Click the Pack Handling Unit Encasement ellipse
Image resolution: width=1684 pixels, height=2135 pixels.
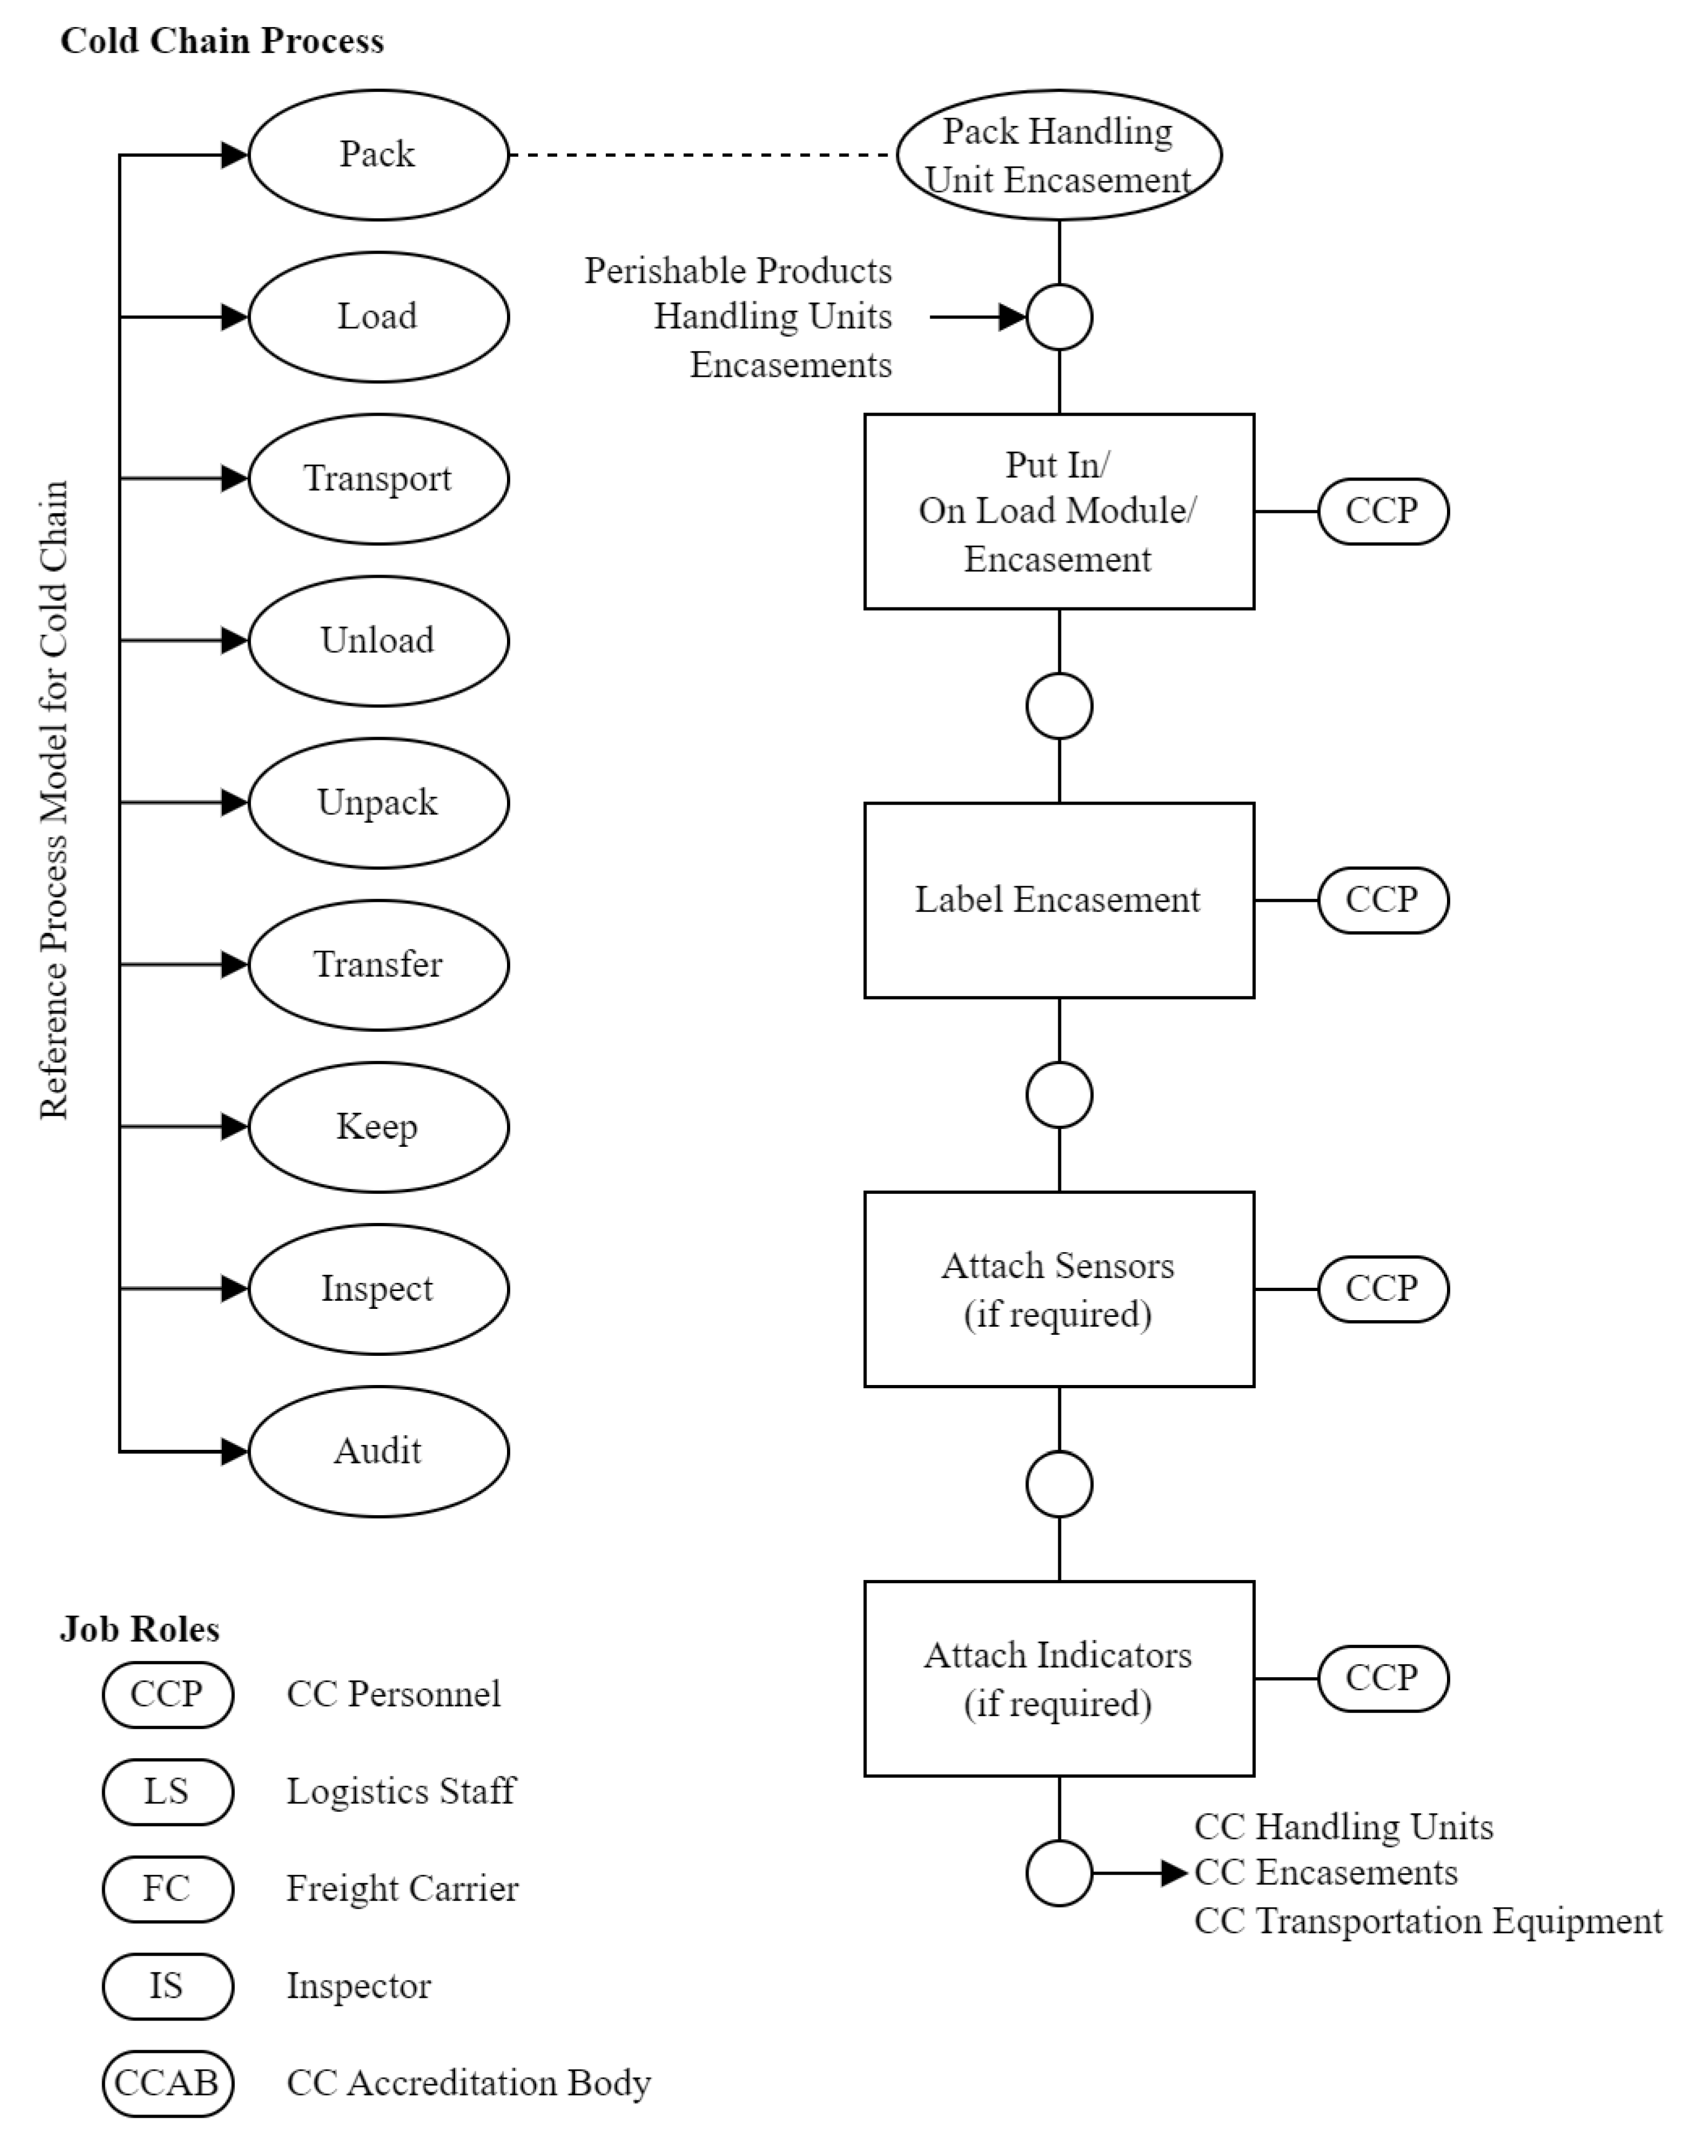click(x=1059, y=155)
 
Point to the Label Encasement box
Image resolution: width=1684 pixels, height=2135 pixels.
click(x=1059, y=900)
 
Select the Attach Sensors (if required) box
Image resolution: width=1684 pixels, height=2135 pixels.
click(x=1059, y=1289)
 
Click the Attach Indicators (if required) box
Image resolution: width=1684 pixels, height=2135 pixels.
click(x=1059, y=1678)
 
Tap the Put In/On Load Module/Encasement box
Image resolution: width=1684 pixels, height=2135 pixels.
click(x=1059, y=511)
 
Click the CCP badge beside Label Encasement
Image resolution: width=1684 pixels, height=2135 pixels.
click(x=1382, y=900)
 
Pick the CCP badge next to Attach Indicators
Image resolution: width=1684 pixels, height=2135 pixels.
click(x=1382, y=1678)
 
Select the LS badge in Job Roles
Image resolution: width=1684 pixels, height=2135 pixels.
click(x=167, y=1791)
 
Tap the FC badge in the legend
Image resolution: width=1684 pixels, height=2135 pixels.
click(x=167, y=1888)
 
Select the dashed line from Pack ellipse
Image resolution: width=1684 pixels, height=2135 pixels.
click(x=702, y=155)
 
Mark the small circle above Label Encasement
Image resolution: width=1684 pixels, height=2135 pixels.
click(x=1059, y=706)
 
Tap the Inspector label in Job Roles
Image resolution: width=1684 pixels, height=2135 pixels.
click(x=359, y=1986)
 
